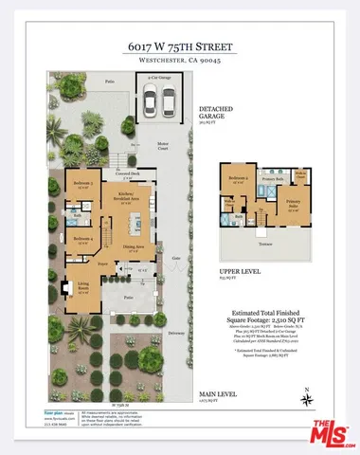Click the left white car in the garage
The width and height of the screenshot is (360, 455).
pos(153,100)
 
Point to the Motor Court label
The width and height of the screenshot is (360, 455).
pos(163,145)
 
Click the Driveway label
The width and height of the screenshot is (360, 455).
pos(177,333)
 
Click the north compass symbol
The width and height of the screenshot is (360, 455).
pos(307,395)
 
